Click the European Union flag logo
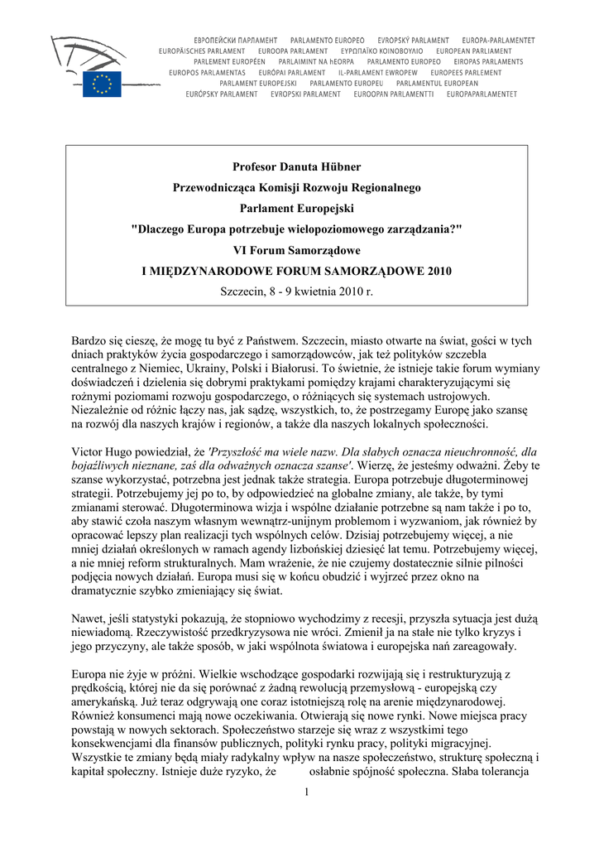pos(102,84)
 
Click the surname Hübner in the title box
pos(338,167)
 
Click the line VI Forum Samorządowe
pos(296,250)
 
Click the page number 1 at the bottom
pos(305,793)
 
